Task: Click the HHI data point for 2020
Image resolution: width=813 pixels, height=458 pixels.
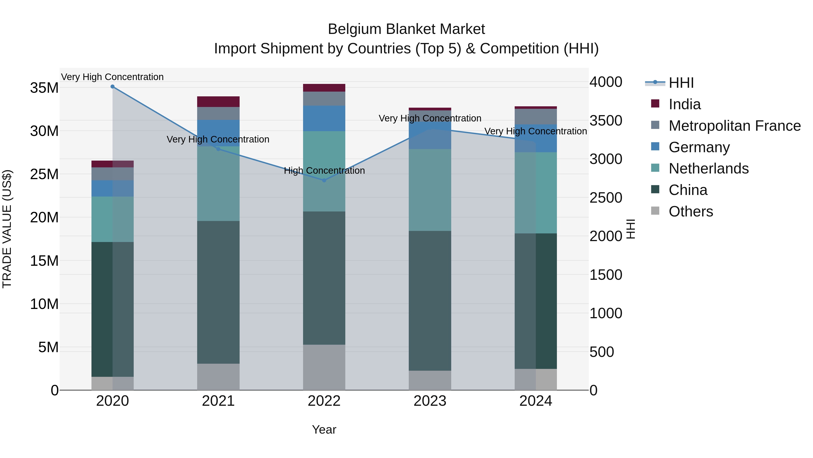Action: click(112, 87)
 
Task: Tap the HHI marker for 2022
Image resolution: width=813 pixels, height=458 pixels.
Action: click(324, 180)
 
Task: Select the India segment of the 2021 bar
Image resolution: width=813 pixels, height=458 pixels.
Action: click(218, 102)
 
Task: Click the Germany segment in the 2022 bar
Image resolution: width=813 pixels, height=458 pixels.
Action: click(324, 118)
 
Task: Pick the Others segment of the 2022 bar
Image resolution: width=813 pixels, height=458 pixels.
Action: click(324, 367)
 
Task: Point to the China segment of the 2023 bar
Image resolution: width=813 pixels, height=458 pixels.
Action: click(430, 300)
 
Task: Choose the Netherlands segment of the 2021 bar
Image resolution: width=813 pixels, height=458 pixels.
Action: click(218, 183)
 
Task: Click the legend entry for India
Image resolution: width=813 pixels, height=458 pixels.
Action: click(684, 104)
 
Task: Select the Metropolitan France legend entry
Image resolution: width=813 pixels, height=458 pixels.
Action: click(734, 126)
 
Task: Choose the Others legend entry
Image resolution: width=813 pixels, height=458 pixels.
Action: click(691, 211)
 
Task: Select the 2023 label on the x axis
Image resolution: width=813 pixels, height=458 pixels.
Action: click(430, 401)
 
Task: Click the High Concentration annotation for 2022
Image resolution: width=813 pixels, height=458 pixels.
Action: click(324, 171)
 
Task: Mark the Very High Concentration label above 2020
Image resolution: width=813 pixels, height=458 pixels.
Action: click(112, 77)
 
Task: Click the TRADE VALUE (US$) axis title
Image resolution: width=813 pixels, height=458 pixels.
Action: click(7, 229)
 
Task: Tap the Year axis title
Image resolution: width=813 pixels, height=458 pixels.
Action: click(324, 430)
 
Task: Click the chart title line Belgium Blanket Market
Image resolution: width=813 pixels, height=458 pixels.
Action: click(406, 29)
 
